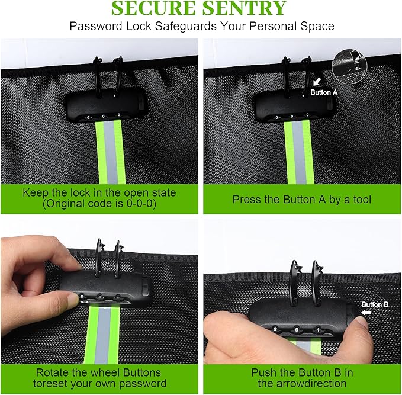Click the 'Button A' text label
pos(324,92)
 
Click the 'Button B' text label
pos(375,304)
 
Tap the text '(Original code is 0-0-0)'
pos(99,204)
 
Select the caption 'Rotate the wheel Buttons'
pos(98,372)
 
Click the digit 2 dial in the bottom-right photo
pos(275,329)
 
